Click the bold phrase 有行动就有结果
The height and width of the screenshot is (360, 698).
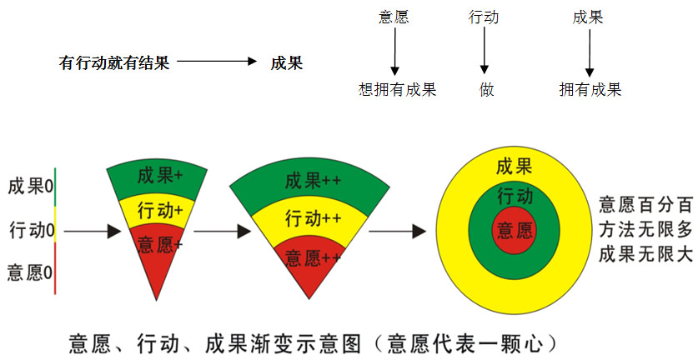(114, 62)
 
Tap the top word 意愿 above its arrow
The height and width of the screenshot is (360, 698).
(394, 17)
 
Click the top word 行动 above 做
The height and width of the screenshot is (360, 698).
(485, 17)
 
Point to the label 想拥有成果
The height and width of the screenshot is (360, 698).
(397, 90)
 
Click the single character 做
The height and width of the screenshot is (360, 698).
(486, 90)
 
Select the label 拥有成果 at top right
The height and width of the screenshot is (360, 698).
(590, 90)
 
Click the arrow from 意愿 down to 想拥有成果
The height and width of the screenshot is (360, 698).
(394, 54)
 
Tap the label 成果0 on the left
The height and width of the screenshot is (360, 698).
(30, 186)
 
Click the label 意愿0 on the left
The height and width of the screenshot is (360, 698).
(30, 271)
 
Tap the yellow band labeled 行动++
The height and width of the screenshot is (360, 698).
(314, 220)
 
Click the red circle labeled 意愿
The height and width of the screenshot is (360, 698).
(515, 231)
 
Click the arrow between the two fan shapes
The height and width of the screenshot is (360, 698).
(222, 231)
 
